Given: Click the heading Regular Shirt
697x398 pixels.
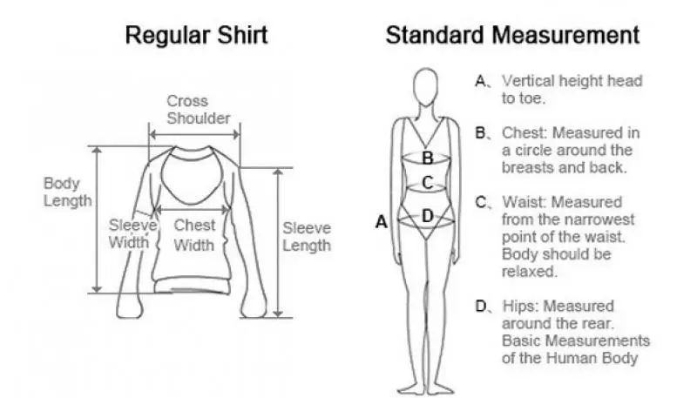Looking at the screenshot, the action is pyautogui.click(x=196, y=36).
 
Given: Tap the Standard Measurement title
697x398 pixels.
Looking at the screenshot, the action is pyautogui.click(x=512, y=36).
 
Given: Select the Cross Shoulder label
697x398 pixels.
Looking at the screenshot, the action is pyautogui.click(x=199, y=109).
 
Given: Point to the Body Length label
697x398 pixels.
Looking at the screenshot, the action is pyautogui.click(x=67, y=192).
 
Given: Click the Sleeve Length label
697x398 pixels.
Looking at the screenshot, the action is pyautogui.click(x=307, y=236).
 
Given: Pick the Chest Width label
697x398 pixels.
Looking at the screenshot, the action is pyautogui.click(x=193, y=234).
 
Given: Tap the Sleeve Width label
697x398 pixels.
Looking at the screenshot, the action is pyautogui.click(x=132, y=233).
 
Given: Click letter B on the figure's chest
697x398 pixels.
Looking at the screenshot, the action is pyautogui.click(x=427, y=158).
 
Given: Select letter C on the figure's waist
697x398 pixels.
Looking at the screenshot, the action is pyautogui.click(x=427, y=182).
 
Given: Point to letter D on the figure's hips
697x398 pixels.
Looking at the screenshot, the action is pyautogui.click(x=427, y=215).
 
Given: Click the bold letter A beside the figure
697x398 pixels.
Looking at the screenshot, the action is pyautogui.click(x=381, y=222).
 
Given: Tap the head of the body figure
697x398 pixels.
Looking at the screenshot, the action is pyautogui.click(x=426, y=86).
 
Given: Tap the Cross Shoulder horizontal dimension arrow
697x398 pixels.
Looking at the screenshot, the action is pyautogui.click(x=194, y=134).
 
